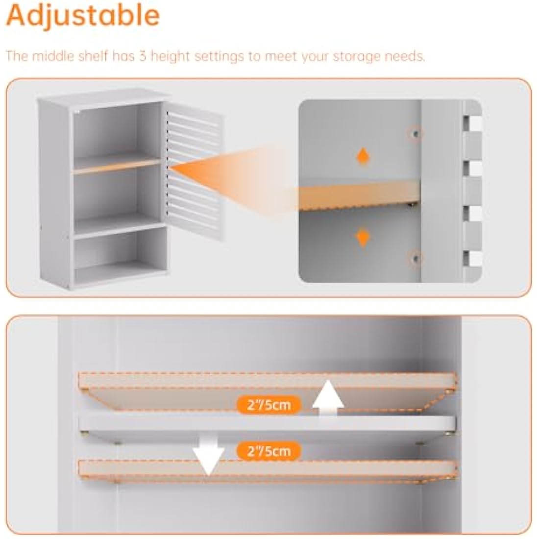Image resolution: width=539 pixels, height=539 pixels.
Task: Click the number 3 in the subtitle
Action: [x=143, y=56]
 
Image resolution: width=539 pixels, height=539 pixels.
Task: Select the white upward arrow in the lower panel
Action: [x=328, y=397]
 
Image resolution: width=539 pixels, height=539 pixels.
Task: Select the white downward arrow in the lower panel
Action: [x=208, y=454]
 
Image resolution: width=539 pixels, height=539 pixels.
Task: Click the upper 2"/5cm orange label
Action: [x=269, y=405]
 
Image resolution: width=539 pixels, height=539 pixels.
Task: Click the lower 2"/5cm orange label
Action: [x=269, y=451]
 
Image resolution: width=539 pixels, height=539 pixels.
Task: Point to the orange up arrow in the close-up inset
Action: [x=363, y=156]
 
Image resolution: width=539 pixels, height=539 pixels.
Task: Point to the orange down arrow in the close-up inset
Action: [x=363, y=238]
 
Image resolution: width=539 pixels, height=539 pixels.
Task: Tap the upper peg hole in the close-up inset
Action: [x=415, y=133]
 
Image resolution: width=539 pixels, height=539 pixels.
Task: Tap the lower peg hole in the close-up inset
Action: [x=415, y=258]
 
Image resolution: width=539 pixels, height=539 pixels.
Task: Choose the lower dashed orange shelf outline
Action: [x=268, y=470]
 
